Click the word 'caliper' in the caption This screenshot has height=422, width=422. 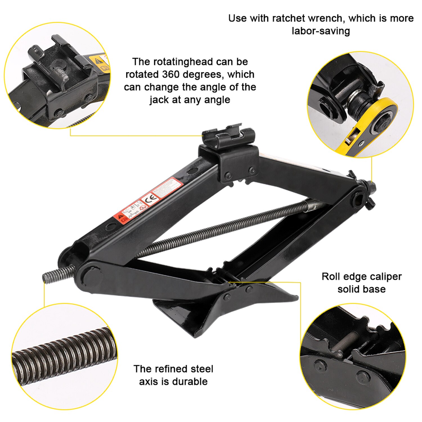click(386, 277)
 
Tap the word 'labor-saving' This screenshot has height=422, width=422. click(321, 31)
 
